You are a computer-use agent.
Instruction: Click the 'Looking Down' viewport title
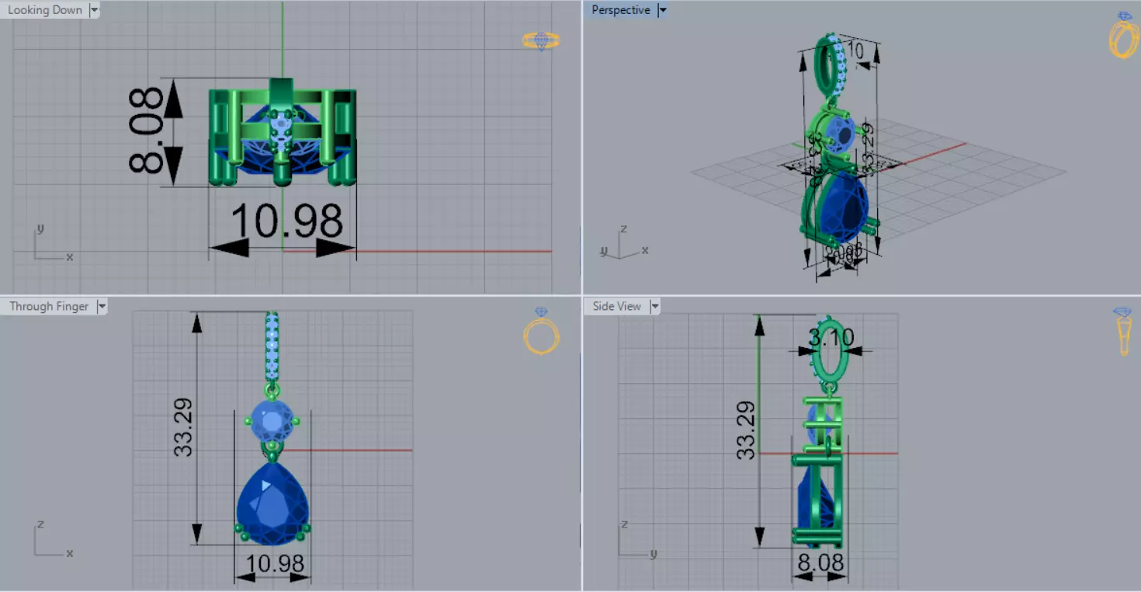44,10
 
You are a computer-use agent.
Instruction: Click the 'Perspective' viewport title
620,10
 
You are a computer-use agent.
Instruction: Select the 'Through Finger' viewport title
49,306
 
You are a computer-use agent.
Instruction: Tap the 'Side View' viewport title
616,306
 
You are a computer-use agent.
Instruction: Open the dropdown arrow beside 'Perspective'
662,10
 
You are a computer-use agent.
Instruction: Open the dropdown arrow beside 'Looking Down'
94,10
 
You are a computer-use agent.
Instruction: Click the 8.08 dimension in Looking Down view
147,130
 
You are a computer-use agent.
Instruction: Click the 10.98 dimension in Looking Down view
286,221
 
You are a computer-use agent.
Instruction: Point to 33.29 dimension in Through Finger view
183,427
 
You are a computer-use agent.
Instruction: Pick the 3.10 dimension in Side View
831,337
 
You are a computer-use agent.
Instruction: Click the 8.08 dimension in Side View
820,562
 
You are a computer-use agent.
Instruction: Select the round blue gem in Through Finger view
272,420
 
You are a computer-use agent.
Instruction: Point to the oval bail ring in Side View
831,351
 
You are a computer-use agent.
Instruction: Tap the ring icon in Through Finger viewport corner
541,332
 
